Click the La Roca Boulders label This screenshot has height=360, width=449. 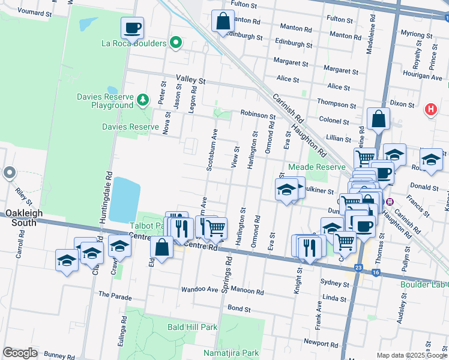[x=133, y=43]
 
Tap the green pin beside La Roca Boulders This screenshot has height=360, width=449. [x=175, y=43]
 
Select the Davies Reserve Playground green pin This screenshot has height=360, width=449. [x=142, y=99]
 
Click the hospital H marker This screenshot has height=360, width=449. [x=430, y=110]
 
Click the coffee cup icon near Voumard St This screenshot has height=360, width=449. [x=132, y=27]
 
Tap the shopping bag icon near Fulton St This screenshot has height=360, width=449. [x=223, y=21]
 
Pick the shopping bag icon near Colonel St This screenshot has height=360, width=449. [x=379, y=119]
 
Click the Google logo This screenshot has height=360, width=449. [x=20, y=353]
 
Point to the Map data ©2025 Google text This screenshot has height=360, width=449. [x=411, y=355]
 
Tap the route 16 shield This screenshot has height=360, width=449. [x=376, y=272]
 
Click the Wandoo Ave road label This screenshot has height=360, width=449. [x=200, y=289]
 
